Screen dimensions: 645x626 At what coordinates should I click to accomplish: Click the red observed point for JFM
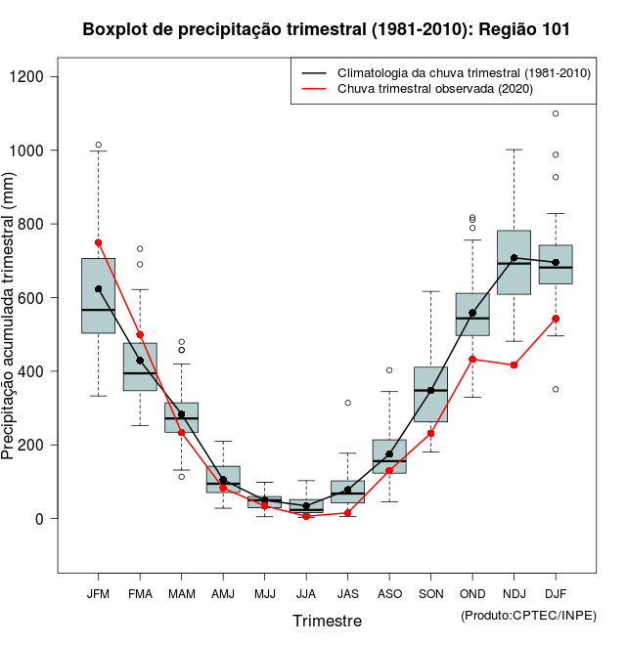click(98, 242)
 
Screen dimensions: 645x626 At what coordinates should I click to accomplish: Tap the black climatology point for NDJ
click(514, 258)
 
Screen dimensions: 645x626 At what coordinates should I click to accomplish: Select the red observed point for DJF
click(556, 319)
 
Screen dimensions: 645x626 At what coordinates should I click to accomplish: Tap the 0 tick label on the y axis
click(41, 519)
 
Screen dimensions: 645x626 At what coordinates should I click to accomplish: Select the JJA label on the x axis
click(306, 593)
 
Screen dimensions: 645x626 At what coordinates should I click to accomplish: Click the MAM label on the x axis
click(181, 593)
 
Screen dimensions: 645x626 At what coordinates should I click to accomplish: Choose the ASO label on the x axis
click(389, 593)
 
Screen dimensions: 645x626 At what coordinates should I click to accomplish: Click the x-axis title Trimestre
click(327, 621)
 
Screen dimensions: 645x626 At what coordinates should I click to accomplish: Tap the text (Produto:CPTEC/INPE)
click(527, 615)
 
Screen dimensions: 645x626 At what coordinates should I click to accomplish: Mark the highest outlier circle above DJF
click(556, 113)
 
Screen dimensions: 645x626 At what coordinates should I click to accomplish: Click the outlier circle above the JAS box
click(347, 403)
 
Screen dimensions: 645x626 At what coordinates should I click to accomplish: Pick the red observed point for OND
click(472, 359)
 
